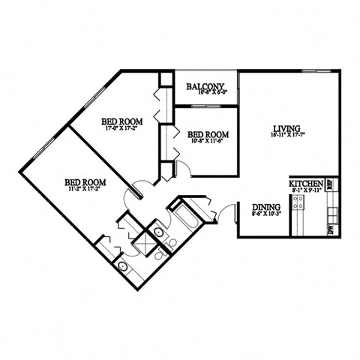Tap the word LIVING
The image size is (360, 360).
(285, 129)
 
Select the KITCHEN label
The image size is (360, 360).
(306, 184)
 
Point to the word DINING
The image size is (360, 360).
(265, 206)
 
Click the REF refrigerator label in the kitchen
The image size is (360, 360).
(331, 184)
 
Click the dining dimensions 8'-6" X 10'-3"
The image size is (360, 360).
(265, 214)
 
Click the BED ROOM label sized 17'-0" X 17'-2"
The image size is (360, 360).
(121, 121)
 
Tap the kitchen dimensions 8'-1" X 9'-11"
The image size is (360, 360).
(306, 191)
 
